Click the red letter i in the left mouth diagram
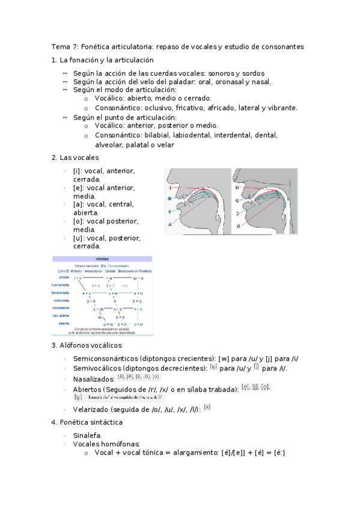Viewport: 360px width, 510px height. tap(171, 188)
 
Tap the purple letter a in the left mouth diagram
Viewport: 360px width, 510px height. tap(170, 224)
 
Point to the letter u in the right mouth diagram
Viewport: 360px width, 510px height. tap(237, 187)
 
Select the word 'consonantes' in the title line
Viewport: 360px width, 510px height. tap(282, 46)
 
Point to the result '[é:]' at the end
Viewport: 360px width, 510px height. tap(278, 452)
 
